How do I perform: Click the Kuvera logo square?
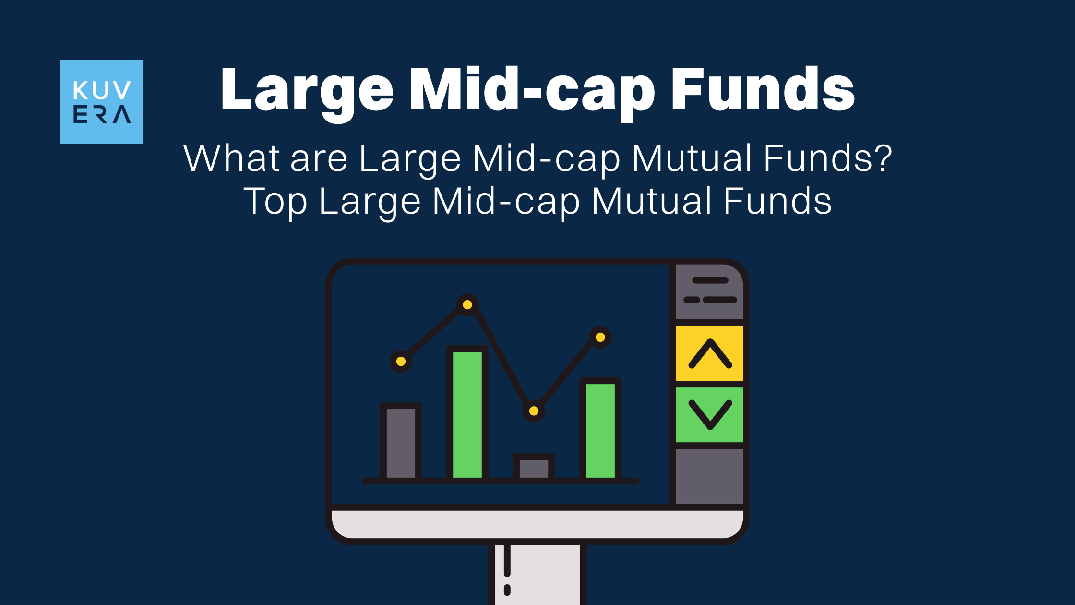(x=102, y=102)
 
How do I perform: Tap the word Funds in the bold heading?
(x=763, y=89)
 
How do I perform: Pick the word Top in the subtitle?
(x=275, y=201)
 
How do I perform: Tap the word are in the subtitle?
(x=319, y=161)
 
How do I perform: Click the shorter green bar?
(x=600, y=429)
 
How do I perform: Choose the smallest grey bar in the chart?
(x=534, y=467)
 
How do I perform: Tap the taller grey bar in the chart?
(x=401, y=442)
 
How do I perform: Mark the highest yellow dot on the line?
(x=467, y=305)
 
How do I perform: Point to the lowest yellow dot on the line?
(x=534, y=411)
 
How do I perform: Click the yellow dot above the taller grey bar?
(x=401, y=362)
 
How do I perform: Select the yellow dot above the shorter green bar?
(x=600, y=338)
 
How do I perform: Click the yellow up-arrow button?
(x=709, y=353)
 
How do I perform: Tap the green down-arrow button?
(x=709, y=415)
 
